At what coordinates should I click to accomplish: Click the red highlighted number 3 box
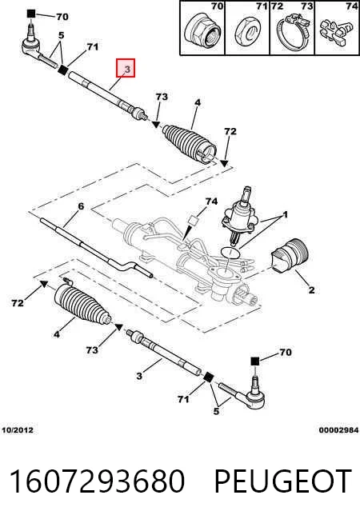point(126,68)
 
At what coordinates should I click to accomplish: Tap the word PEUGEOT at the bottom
point(283,481)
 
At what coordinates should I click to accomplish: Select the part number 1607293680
point(97,481)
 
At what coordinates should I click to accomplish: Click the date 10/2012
point(18,430)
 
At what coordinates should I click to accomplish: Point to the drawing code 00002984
point(338,430)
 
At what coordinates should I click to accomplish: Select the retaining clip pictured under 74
point(334,33)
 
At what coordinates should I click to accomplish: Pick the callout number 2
point(311,289)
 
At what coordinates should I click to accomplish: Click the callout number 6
point(81,207)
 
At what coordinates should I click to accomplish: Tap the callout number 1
point(285,215)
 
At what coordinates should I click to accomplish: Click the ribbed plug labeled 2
point(290,257)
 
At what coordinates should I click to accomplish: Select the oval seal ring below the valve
point(230,254)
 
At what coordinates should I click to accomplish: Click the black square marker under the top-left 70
point(31,14)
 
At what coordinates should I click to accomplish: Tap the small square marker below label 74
point(194,220)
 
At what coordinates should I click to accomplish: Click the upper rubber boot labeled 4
point(190,144)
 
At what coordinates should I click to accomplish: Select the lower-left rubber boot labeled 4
point(82,305)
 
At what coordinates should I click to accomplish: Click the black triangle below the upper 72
point(225,163)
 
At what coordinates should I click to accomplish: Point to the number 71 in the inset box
point(262,6)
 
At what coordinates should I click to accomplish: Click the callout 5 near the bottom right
point(216,411)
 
